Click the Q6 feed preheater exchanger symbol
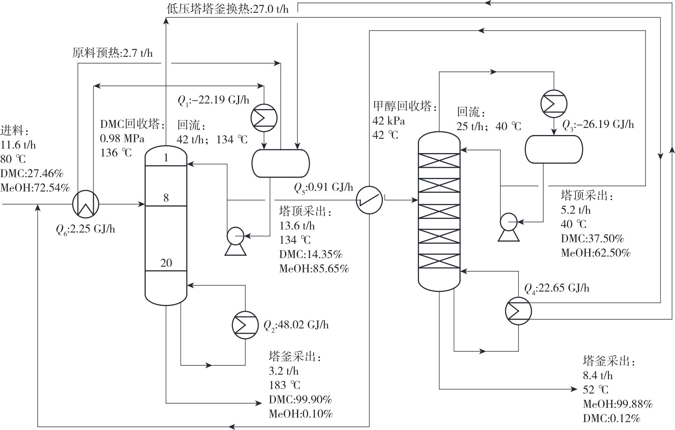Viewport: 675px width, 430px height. coord(85,204)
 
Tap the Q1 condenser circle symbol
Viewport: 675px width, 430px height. coord(264,118)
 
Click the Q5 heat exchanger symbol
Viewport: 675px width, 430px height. coord(369,200)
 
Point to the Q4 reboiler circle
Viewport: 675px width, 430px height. coord(518,311)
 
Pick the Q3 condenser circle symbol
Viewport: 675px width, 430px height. coord(554,103)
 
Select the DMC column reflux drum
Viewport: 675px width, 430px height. coord(280,163)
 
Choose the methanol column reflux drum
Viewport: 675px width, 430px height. coord(554,149)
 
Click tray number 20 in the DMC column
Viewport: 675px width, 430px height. coord(166,263)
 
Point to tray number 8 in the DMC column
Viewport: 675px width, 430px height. coord(166,198)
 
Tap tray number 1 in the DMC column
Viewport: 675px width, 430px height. coord(166,158)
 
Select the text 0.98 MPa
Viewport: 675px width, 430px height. coord(122,138)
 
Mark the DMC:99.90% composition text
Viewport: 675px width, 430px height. coord(300,399)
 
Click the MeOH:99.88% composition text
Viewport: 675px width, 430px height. coord(617,404)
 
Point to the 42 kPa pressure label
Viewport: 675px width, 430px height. coord(389,121)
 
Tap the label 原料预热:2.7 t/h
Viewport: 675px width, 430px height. coord(113,53)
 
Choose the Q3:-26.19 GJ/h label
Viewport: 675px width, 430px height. coord(598,125)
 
